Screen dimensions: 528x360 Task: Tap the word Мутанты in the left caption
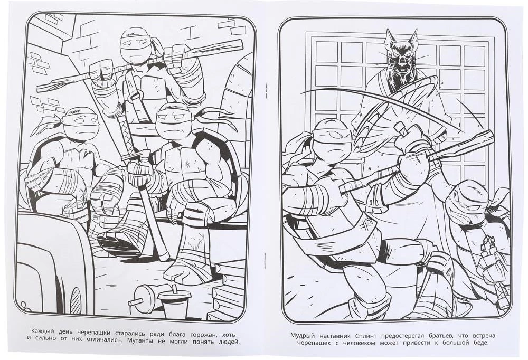[x=139, y=342]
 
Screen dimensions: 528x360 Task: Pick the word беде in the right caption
[x=479, y=343]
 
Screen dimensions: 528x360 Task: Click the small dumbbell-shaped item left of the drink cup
[x=143, y=296]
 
